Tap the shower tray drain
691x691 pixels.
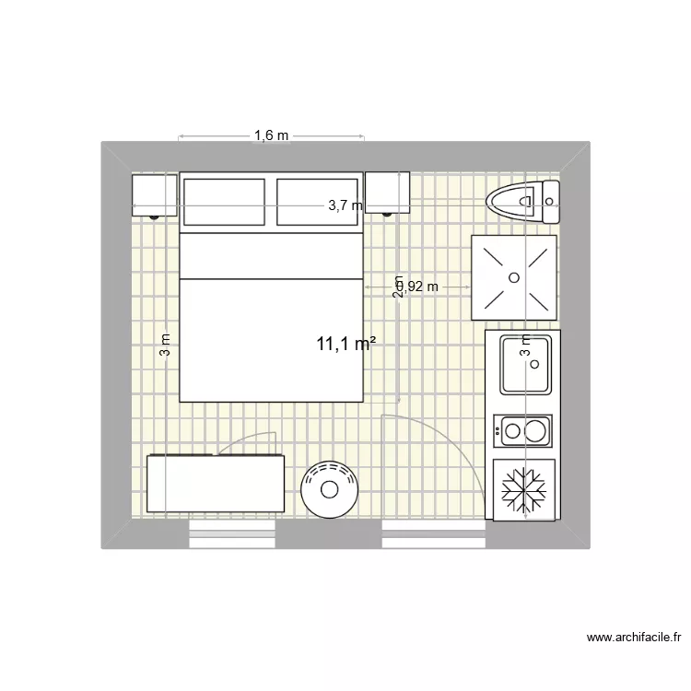tap(513, 275)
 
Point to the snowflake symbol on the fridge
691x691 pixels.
tap(523, 488)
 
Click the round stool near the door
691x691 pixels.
tap(328, 488)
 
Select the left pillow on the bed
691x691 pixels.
tap(225, 202)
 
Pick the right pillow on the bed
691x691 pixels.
tap(316, 202)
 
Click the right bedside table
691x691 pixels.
tap(387, 193)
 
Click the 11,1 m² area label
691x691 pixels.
tap(345, 345)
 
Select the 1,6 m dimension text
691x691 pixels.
tap(271, 136)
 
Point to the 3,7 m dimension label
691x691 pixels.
tap(345, 206)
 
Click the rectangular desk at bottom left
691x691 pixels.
tap(216, 483)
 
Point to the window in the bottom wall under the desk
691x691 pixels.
tap(234, 533)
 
